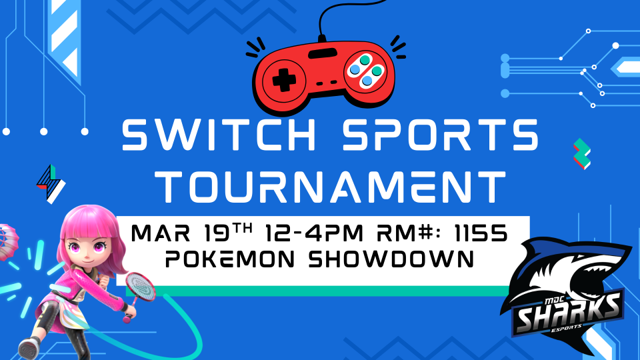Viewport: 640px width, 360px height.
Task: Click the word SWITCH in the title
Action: click(x=219, y=135)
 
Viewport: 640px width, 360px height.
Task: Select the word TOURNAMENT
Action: click(x=331, y=186)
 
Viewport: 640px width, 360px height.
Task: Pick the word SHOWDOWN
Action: click(x=391, y=259)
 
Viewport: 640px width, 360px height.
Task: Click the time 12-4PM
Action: click(x=314, y=233)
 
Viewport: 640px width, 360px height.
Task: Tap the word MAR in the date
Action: click(x=161, y=233)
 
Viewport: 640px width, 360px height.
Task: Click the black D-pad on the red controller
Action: click(x=284, y=80)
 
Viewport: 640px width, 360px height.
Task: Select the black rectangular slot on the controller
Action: click(x=323, y=53)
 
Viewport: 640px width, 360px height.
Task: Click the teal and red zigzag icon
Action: click(x=581, y=154)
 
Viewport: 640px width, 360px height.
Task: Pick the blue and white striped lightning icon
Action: click(x=51, y=183)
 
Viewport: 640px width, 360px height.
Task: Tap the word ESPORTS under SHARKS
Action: click(x=567, y=327)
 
